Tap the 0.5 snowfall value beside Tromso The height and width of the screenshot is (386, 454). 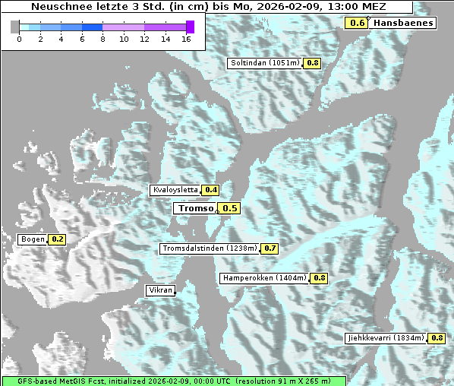[229, 208]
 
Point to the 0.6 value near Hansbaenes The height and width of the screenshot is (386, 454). [357, 23]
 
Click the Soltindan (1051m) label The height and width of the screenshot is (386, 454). [265, 63]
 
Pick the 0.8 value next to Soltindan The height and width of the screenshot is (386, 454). [312, 63]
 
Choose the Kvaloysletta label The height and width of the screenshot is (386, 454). [175, 190]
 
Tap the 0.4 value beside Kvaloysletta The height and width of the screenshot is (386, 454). [211, 190]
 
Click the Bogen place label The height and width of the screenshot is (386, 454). [33, 239]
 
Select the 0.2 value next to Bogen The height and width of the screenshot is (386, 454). [57, 239]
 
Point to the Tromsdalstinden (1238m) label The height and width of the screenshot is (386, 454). [210, 248]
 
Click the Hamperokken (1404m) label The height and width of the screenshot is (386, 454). [264, 278]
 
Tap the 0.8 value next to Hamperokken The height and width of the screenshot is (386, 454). [320, 278]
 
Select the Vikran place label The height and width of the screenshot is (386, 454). [160, 290]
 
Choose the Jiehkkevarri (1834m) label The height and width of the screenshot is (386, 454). [385, 337]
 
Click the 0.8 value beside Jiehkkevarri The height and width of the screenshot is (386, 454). [437, 337]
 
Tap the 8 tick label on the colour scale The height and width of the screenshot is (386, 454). [102, 38]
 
